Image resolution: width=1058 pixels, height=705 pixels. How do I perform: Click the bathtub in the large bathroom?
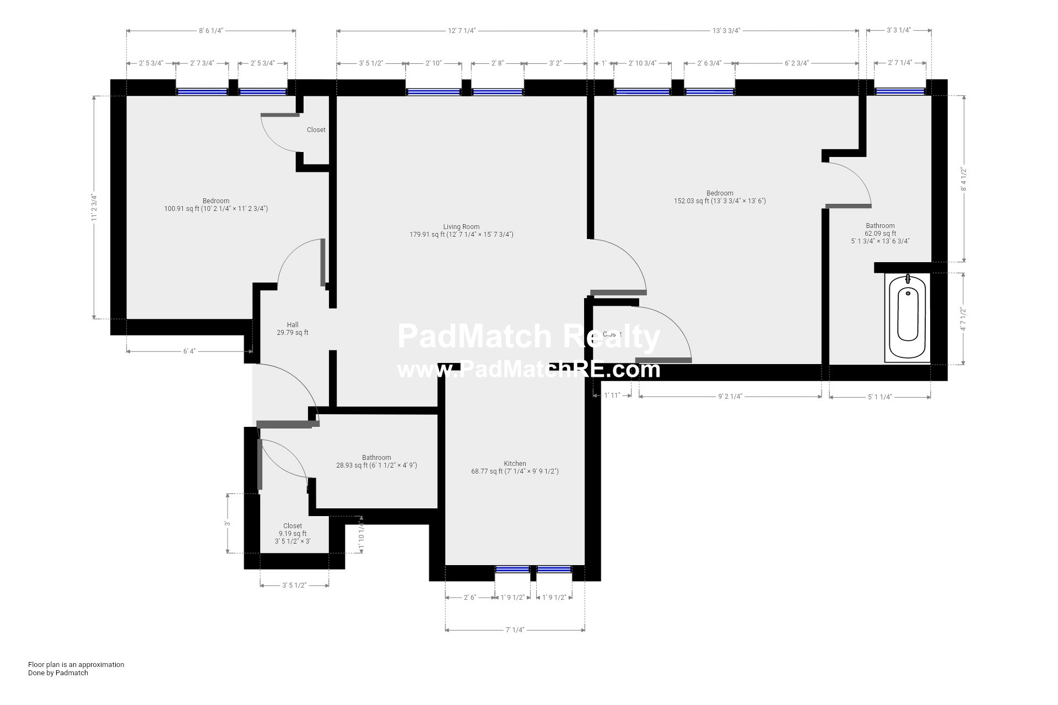[908, 318]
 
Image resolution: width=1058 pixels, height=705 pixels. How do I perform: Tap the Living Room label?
[461, 227]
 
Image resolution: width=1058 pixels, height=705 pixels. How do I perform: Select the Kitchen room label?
[515, 464]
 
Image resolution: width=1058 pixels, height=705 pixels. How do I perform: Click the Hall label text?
[293, 325]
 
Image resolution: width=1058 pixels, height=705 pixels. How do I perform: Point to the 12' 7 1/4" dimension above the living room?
[461, 31]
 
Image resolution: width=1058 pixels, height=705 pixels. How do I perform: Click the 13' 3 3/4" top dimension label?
[726, 31]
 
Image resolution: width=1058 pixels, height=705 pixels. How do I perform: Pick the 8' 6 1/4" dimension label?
[211, 31]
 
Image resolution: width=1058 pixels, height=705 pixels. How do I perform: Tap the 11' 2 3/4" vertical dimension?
[94, 208]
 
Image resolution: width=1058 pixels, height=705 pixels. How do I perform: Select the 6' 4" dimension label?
[189, 351]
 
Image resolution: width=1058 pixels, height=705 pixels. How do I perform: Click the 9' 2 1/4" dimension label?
[730, 396]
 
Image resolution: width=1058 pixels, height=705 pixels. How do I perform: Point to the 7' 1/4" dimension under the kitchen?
[515, 630]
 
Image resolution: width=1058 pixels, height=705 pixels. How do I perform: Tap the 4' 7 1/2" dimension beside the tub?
[963, 319]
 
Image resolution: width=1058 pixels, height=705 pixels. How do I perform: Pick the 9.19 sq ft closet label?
[293, 534]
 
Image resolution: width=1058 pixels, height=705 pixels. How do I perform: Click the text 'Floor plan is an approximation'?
[76, 664]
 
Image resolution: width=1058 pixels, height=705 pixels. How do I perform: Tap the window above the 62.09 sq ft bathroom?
[900, 91]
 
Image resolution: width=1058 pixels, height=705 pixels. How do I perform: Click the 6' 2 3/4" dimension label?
[797, 63]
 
